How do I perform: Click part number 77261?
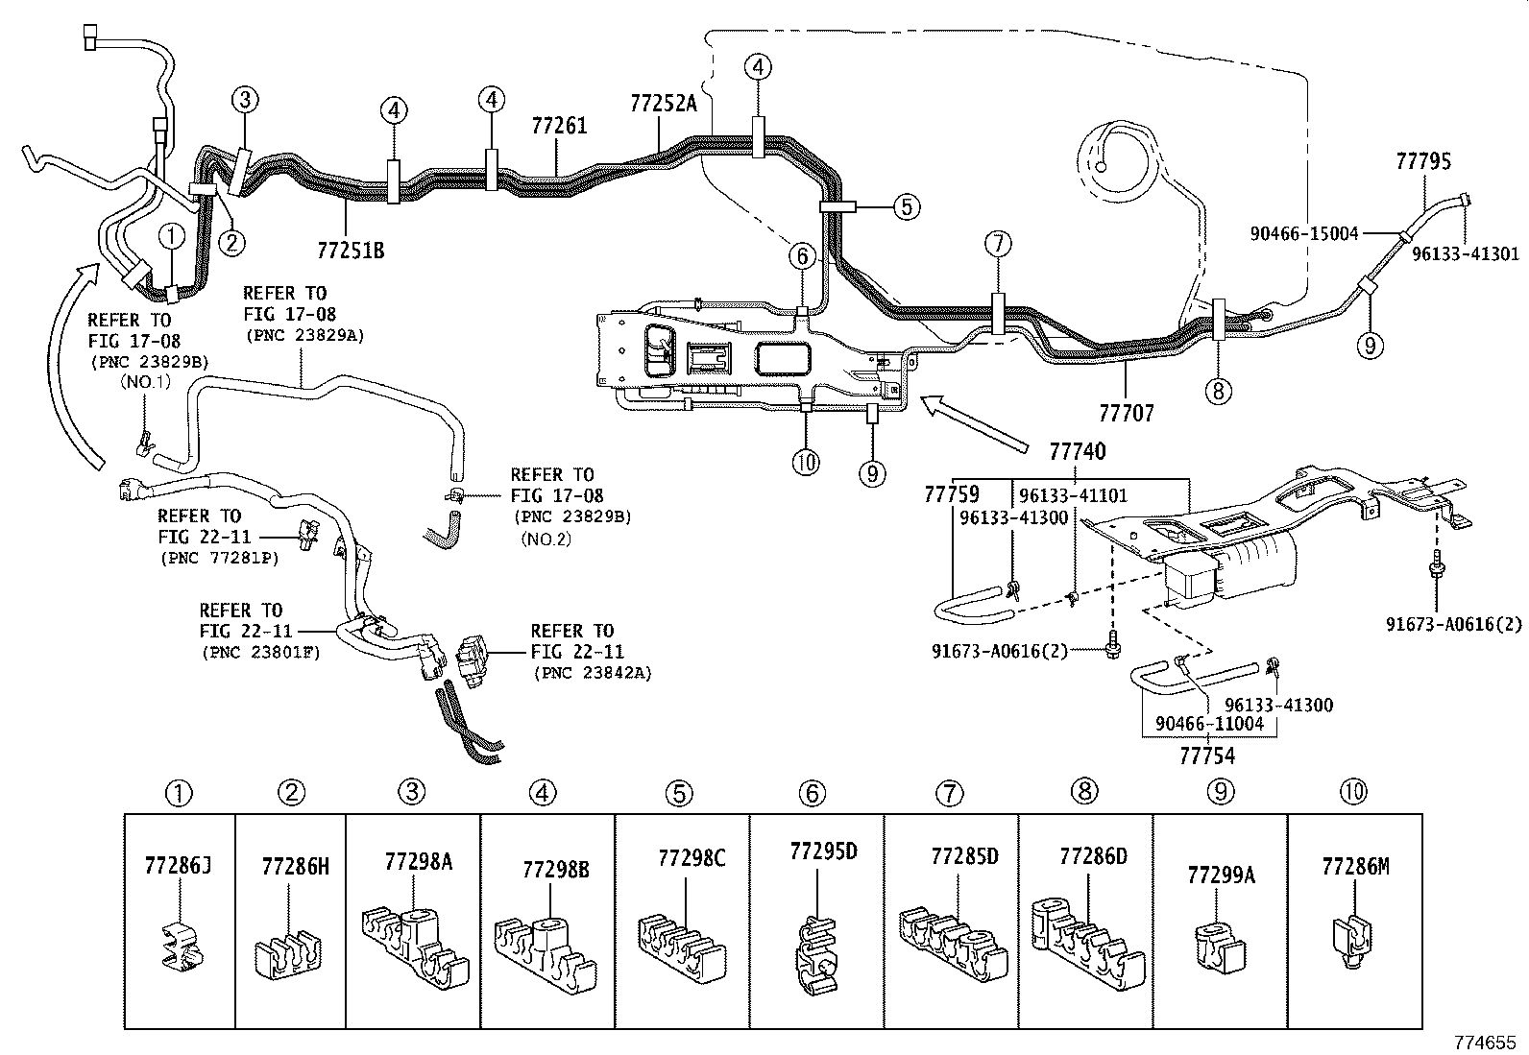pos(559,126)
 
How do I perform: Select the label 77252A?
pos(664,103)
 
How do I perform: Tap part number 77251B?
pos(351,252)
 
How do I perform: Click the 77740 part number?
pos(1077,451)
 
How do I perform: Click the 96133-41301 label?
pos(1466,254)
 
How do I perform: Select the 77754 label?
pos(1207,755)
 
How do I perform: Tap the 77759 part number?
pos(951,494)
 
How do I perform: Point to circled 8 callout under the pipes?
pos(1218,391)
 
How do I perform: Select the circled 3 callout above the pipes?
pos(245,99)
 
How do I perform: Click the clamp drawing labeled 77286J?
pos(180,947)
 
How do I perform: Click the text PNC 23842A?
pos(592,673)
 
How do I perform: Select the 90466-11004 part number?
pos(1209,724)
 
